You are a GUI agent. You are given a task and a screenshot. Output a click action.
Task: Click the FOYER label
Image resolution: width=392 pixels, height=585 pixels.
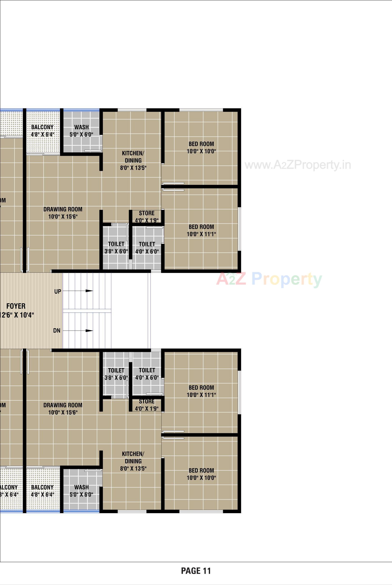(16, 306)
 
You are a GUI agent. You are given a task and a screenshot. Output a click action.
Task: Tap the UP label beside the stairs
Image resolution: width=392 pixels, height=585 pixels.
(58, 292)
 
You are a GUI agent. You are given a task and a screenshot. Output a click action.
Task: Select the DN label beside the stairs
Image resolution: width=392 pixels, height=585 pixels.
(57, 331)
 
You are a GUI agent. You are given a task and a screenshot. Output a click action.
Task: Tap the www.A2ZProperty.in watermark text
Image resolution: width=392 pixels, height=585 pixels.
(297, 165)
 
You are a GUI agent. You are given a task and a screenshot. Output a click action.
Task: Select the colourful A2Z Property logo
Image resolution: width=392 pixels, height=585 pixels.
(269, 279)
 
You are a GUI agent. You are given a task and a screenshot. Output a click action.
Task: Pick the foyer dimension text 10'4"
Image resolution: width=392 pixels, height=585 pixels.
(25, 315)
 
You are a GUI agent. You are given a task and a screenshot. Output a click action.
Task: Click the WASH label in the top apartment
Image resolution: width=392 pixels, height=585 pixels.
(81, 127)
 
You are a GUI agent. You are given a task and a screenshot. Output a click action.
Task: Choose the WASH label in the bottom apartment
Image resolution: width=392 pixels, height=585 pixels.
(81, 487)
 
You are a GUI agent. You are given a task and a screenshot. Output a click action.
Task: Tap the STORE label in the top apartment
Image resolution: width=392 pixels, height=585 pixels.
(147, 213)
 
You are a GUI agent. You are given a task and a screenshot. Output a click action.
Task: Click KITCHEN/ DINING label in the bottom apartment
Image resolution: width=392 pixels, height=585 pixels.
(133, 457)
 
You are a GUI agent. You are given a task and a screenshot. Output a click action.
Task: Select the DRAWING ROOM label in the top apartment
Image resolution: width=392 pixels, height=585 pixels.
(63, 209)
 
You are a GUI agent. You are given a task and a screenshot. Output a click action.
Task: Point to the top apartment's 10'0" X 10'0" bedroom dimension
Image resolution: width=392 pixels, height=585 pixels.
(201, 151)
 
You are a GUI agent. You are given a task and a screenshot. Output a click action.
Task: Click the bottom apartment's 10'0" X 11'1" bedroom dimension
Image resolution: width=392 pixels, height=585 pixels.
(201, 395)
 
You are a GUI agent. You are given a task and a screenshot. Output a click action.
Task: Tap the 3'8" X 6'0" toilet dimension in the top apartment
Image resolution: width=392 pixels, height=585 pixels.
(116, 251)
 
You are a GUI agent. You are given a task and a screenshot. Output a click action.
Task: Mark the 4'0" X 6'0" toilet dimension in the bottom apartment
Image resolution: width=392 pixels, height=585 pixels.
(147, 377)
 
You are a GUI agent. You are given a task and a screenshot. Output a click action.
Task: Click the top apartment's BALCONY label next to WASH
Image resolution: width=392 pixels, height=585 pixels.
(42, 127)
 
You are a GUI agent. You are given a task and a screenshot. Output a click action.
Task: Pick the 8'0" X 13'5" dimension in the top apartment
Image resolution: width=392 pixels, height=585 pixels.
(133, 168)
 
